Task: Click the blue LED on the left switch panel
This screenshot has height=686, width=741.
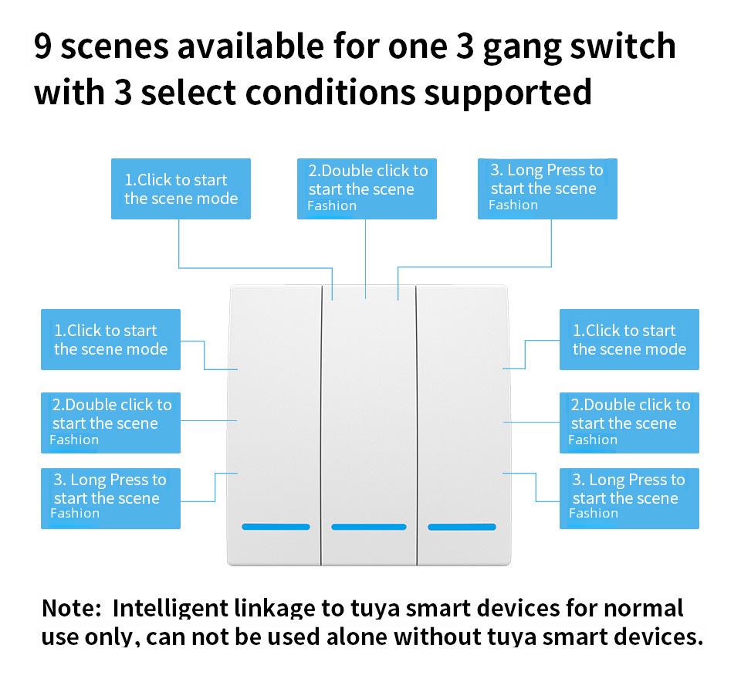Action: [x=276, y=527]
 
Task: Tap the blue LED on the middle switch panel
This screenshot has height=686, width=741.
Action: [x=368, y=527]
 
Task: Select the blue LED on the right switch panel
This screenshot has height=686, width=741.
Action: [x=462, y=527]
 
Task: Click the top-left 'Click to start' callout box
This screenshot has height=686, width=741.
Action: [x=181, y=189]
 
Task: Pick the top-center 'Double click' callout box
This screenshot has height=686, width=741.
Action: [x=367, y=188]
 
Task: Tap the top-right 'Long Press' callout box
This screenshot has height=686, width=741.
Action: [x=547, y=188]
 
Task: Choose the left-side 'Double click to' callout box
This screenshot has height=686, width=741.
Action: [x=110, y=423]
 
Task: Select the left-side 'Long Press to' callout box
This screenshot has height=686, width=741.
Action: [x=110, y=498]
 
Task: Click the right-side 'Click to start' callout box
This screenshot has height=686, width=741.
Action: [x=629, y=340]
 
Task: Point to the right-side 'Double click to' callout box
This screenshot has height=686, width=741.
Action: [x=629, y=423]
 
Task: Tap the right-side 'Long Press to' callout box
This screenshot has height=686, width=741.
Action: [x=629, y=498]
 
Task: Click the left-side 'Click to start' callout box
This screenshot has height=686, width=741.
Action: [x=110, y=340]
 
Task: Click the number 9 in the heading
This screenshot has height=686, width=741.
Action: [x=44, y=48]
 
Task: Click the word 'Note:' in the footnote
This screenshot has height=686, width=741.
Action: [x=72, y=608]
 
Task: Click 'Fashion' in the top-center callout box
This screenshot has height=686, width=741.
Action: [x=332, y=206]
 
